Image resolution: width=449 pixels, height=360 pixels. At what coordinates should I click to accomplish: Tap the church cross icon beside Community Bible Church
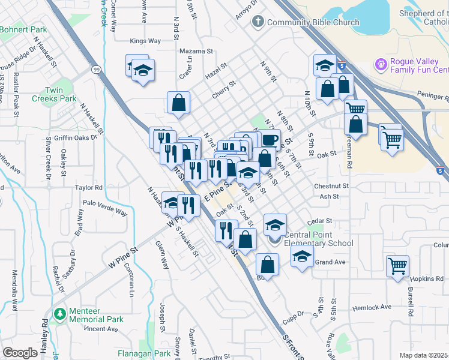click(x=258, y=23)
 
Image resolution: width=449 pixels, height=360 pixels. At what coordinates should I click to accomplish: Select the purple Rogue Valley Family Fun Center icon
click(x=379, y=64)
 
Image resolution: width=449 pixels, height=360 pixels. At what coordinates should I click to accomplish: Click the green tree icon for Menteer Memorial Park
click(x=60, y=314)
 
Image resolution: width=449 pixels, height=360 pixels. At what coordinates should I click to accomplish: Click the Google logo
click(x=20, y=353)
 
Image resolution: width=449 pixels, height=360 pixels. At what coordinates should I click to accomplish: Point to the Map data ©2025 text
click(x=423, y=355)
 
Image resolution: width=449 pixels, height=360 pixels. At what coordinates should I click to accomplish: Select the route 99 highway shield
click(x=96, y=70)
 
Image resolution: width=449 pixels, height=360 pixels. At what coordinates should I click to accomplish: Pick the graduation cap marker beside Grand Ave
click(x=302, y=257)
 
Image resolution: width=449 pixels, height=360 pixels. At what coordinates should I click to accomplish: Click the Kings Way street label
click(x=146, y=41)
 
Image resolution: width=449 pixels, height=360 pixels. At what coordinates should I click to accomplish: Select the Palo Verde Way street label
click(x=105, y=208)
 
